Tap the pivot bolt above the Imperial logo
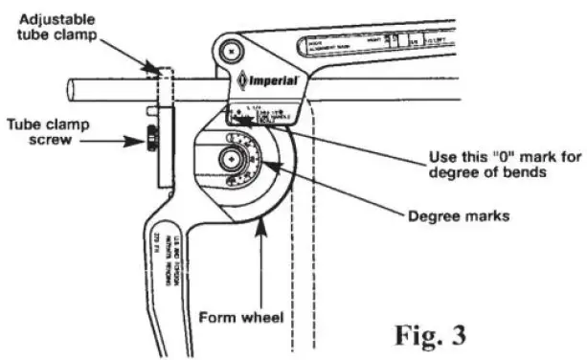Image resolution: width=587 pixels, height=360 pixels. pyautogui.click(x=227, y=48)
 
